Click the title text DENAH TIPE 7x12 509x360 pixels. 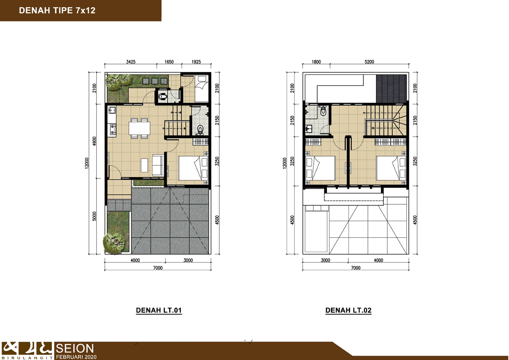[x=57, y=10]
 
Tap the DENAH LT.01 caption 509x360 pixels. [x=159, y=310]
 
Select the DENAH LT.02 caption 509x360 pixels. [x=348, y=310]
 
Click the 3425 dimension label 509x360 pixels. [x=131, y=62]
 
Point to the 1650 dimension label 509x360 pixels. [x=169, y=62]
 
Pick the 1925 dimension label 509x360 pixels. [x=196, y=62]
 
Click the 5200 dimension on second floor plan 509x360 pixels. [x=369, y=62]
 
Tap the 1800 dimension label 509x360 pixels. [x=316, y=62]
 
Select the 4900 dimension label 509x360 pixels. [x=94, y=141]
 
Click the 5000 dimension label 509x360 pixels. [x=94, y=216]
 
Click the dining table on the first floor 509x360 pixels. [x=140, y=128]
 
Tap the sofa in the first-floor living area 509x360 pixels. [x=158, y=165]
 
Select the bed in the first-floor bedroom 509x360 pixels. [x=194, y=168]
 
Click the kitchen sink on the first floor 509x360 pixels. [x=112, y=111]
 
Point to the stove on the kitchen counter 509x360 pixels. [x=112, y=129]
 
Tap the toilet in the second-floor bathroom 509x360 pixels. [x=323, y=111]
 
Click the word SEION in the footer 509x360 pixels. [x=75, y=349]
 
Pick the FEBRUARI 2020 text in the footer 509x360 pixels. [x=76, y=357]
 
